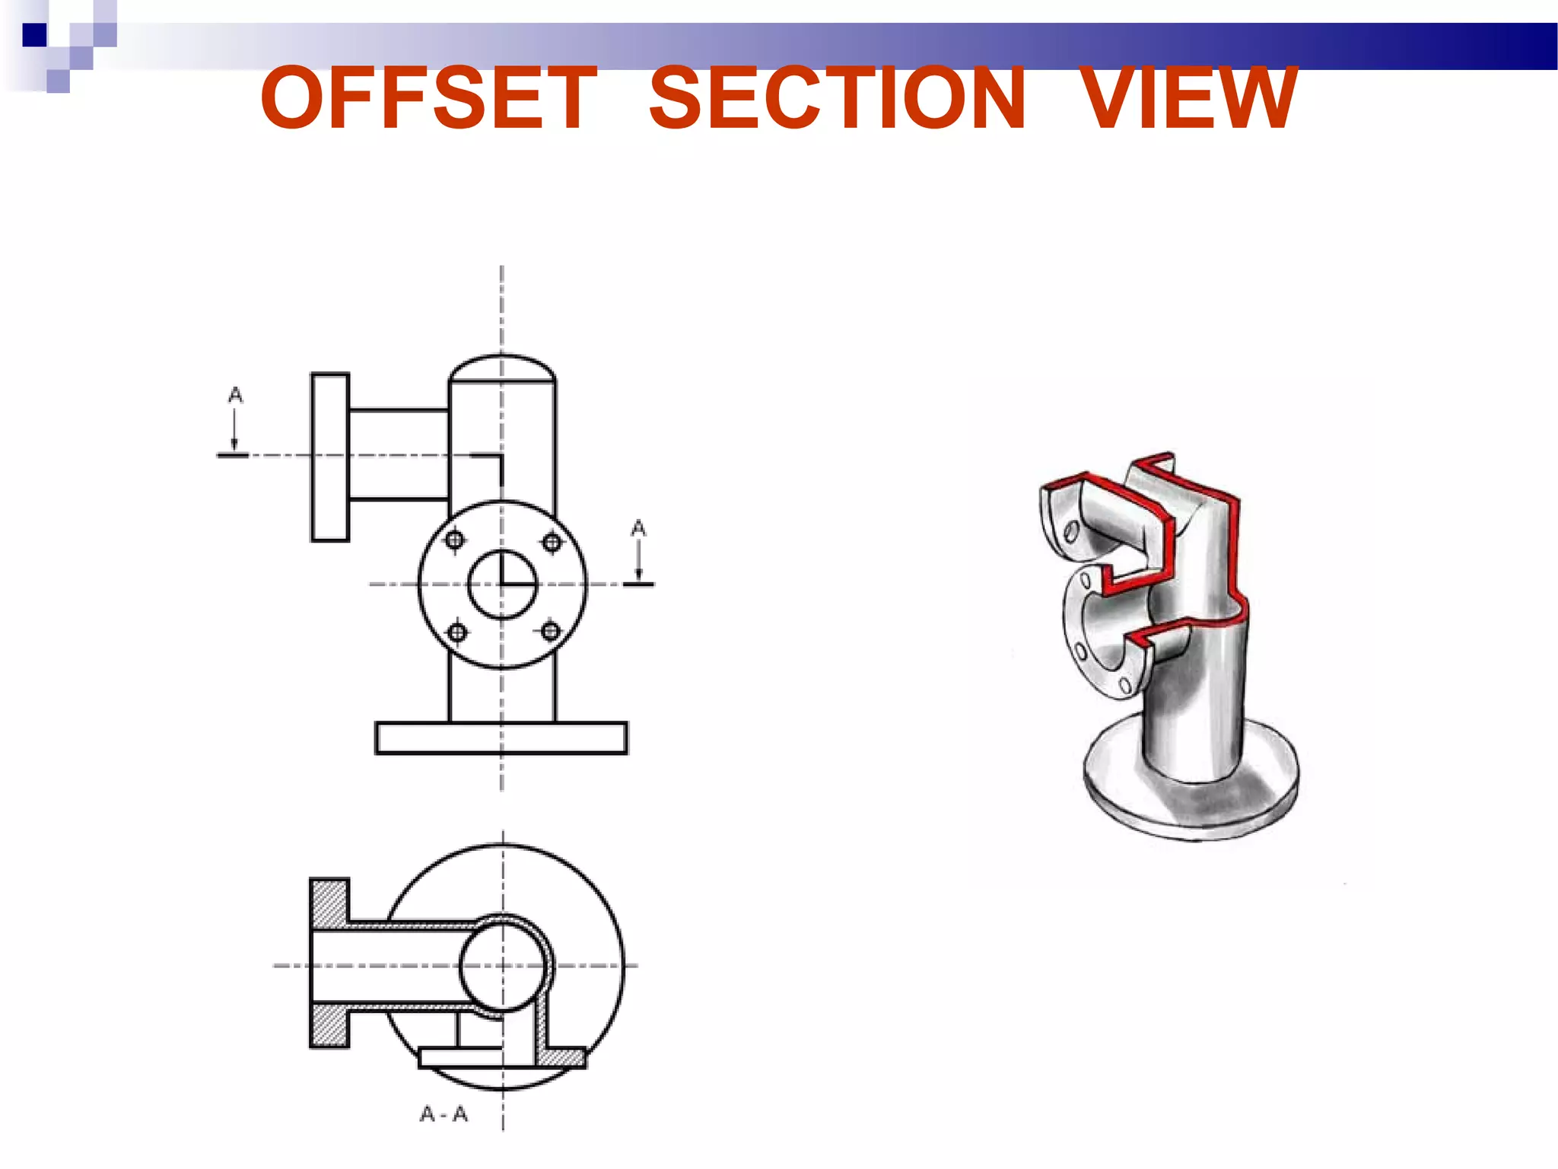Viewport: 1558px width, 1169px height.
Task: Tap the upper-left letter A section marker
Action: [x=235, y=395]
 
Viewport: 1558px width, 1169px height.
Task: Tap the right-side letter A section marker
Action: [x=638, y=528]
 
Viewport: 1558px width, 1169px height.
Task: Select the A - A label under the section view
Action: [x=444, y=1114]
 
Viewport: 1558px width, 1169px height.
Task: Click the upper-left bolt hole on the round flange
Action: [x=455, y=540]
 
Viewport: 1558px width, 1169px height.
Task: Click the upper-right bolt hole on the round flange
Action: [x=552, y=542]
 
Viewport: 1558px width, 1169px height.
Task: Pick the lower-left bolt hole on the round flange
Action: [x=457, y=632]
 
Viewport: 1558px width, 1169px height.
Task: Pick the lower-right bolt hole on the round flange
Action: [x=551, y=630]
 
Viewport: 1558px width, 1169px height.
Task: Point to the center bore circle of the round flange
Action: [x=502, y=584]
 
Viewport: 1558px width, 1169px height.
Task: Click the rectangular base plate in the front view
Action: [x=501, y=737]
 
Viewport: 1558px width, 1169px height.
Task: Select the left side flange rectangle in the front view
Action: [x=330, y=457]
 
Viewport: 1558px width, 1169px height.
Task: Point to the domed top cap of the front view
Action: [x=502, y=368]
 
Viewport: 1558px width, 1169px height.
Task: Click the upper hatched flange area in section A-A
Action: [x=329, y=903]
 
